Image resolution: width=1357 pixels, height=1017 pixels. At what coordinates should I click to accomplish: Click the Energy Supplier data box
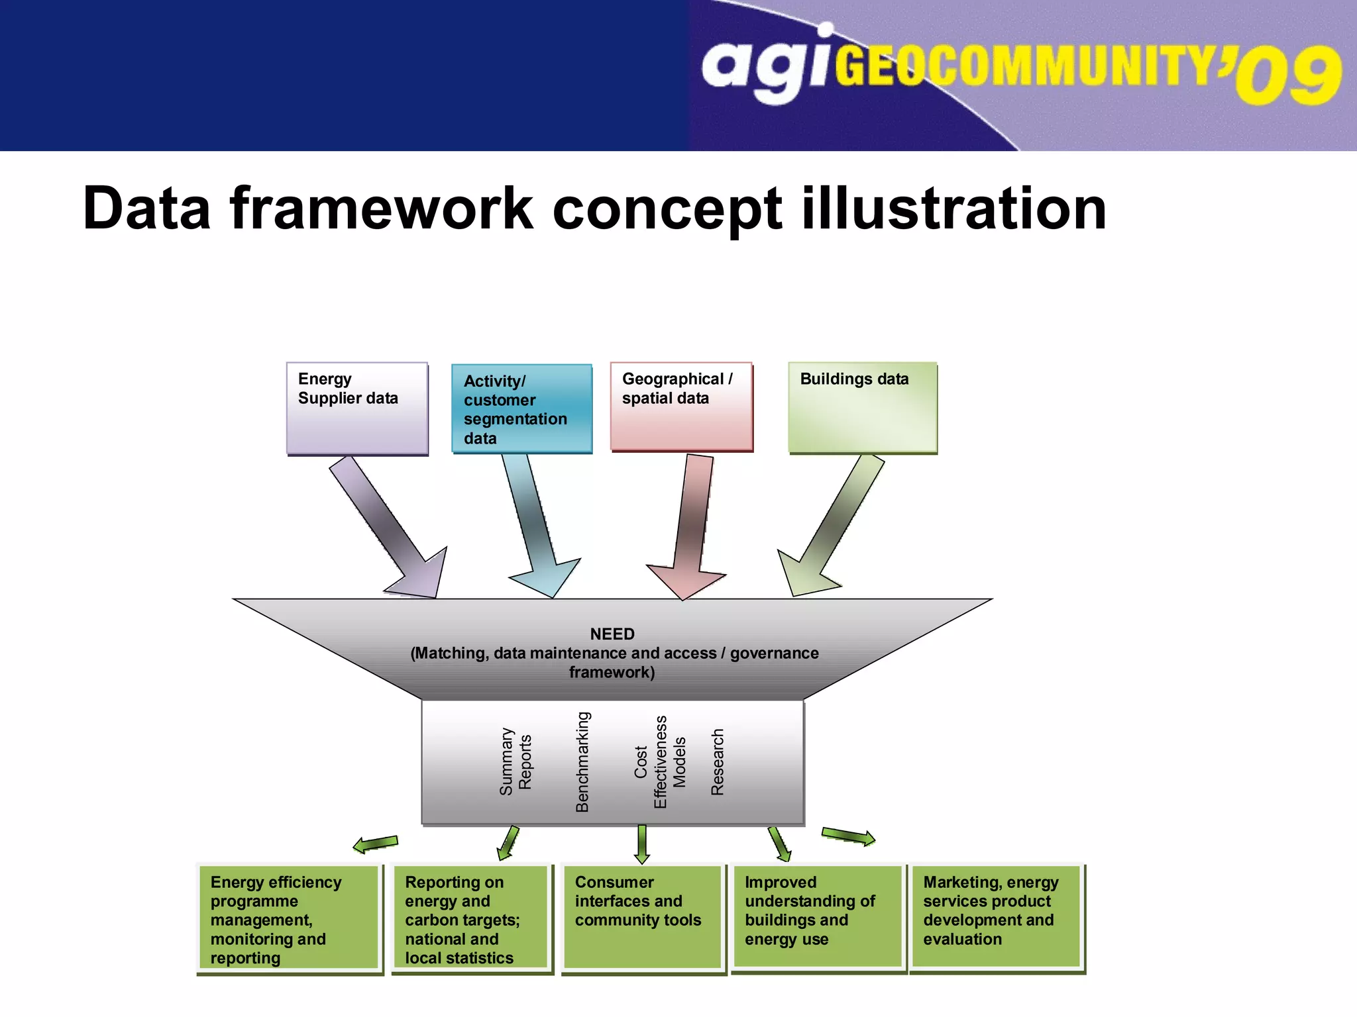click(357, 408)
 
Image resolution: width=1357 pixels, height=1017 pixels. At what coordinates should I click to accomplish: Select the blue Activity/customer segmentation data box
click(521, 409)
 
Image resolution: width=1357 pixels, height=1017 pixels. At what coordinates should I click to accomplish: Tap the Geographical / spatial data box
click(681, 406)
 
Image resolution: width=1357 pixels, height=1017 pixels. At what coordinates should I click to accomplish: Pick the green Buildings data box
click(862, 407)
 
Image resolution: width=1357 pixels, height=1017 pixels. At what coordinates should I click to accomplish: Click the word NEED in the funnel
click(612, 634)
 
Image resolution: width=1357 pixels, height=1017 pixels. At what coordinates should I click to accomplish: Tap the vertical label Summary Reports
click(516, 761)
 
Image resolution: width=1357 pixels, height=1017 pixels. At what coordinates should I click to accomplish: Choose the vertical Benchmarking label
click(582, 761)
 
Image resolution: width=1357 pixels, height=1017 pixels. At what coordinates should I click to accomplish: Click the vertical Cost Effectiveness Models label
click(661, 761)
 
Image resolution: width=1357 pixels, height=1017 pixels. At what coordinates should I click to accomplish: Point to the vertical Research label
click(718, 761)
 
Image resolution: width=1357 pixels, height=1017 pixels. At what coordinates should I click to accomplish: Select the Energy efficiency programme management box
click(290, 918)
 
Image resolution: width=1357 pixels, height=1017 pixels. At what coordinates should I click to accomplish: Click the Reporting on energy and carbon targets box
click(471, 918)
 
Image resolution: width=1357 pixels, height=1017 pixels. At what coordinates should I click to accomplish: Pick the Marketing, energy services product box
click(996, 917)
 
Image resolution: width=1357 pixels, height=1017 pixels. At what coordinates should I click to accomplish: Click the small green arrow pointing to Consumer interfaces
click(641, 845)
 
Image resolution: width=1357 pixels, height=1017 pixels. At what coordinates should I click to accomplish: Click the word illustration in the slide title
click(954, 209)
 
